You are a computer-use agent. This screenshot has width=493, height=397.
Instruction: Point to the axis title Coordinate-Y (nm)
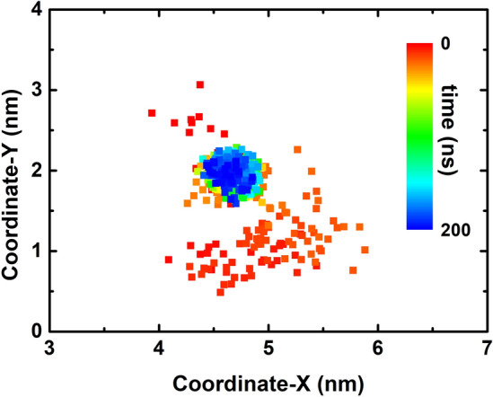coord(12,171)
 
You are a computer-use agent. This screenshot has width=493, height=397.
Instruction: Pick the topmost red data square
coord(200,84)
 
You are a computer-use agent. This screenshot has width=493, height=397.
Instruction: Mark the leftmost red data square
coord(152,113)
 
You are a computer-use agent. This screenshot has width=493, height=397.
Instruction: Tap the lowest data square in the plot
coord(220,292)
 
